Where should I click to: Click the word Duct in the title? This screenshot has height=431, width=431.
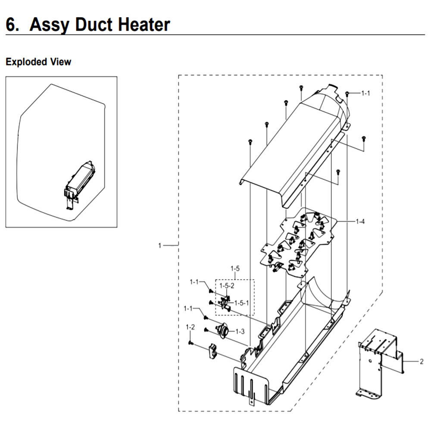tap(94, 25)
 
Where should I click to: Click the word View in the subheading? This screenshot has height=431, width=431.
tap(61, 62)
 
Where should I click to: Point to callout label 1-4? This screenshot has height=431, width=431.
tap(360, 221)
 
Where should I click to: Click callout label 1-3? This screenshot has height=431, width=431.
tap(240, 331)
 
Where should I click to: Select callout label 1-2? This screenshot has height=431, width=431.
tap(190, 327)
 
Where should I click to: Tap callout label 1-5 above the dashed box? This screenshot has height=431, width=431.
tap(235, 268)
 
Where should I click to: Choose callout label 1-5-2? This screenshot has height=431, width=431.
tap(227, 286)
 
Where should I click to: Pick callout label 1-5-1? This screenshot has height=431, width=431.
tap(242, 303)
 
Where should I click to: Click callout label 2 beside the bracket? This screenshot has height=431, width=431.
tap(422, 362)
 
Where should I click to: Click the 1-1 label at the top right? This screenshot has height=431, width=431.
tap(365, 93)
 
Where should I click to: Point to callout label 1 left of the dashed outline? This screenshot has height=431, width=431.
tap(160, 245)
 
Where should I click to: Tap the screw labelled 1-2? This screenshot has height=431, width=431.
tap(190, 343)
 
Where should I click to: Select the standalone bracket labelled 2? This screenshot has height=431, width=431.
tap(378, 363)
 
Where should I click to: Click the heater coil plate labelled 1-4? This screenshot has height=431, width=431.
tap(298, 242)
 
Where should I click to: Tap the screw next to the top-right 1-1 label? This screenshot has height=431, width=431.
tap(347, 94)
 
